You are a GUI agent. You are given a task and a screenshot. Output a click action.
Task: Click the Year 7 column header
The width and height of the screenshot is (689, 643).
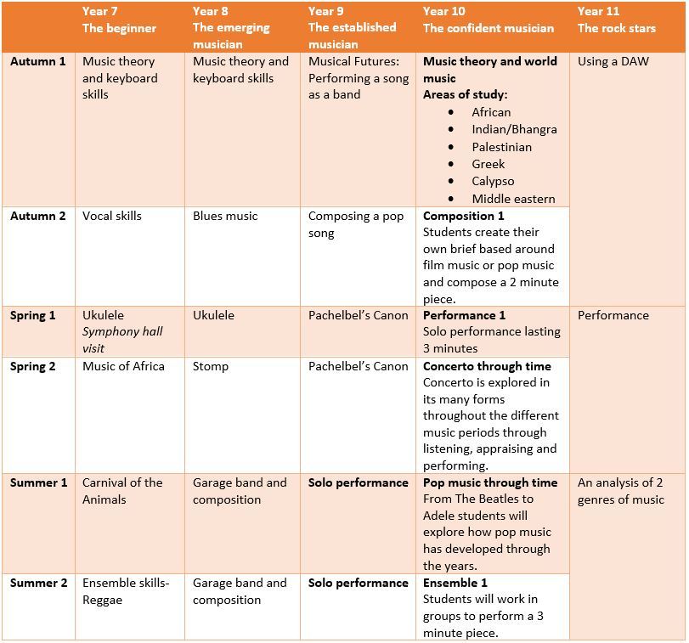click(119, 20)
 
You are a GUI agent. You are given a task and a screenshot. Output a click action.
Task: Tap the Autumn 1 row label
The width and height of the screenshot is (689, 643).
click(37, 61)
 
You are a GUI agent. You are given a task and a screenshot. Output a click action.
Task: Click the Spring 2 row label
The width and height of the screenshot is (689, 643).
click(33, 366)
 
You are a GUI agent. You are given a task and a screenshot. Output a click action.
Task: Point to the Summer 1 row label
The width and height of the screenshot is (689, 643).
click(39, 482)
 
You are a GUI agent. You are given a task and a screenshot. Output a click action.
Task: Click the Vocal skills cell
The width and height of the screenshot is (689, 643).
click(112, 216)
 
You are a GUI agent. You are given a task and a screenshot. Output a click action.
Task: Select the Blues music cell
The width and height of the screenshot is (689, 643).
click(225, 216)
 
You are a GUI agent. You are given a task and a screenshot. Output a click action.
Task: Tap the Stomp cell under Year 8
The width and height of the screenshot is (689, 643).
click(211, 366)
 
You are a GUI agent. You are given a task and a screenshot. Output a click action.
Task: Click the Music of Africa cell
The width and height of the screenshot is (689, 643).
click(123, 366)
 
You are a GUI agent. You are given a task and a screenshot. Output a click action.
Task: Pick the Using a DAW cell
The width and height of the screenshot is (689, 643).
click(613, 61)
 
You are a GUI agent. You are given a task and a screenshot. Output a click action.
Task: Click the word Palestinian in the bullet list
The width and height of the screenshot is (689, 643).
click(502, 147)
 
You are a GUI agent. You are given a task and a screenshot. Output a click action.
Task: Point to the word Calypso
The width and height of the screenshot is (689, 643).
click(493, 182)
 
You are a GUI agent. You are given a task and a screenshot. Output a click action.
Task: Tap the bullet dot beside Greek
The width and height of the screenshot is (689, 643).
click(451, 164)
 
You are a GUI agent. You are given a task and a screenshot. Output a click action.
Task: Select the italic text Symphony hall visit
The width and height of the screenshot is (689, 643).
click(122, 340)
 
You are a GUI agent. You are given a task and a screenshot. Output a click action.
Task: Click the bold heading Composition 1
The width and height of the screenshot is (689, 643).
click(464, 216)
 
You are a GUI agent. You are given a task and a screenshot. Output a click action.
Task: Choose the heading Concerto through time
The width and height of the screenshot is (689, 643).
click(487, 366)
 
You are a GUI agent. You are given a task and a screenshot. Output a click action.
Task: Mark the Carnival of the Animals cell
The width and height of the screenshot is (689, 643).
click(122, 491)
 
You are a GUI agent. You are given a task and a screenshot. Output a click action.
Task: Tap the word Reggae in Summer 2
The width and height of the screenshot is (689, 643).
click(103, 601)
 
